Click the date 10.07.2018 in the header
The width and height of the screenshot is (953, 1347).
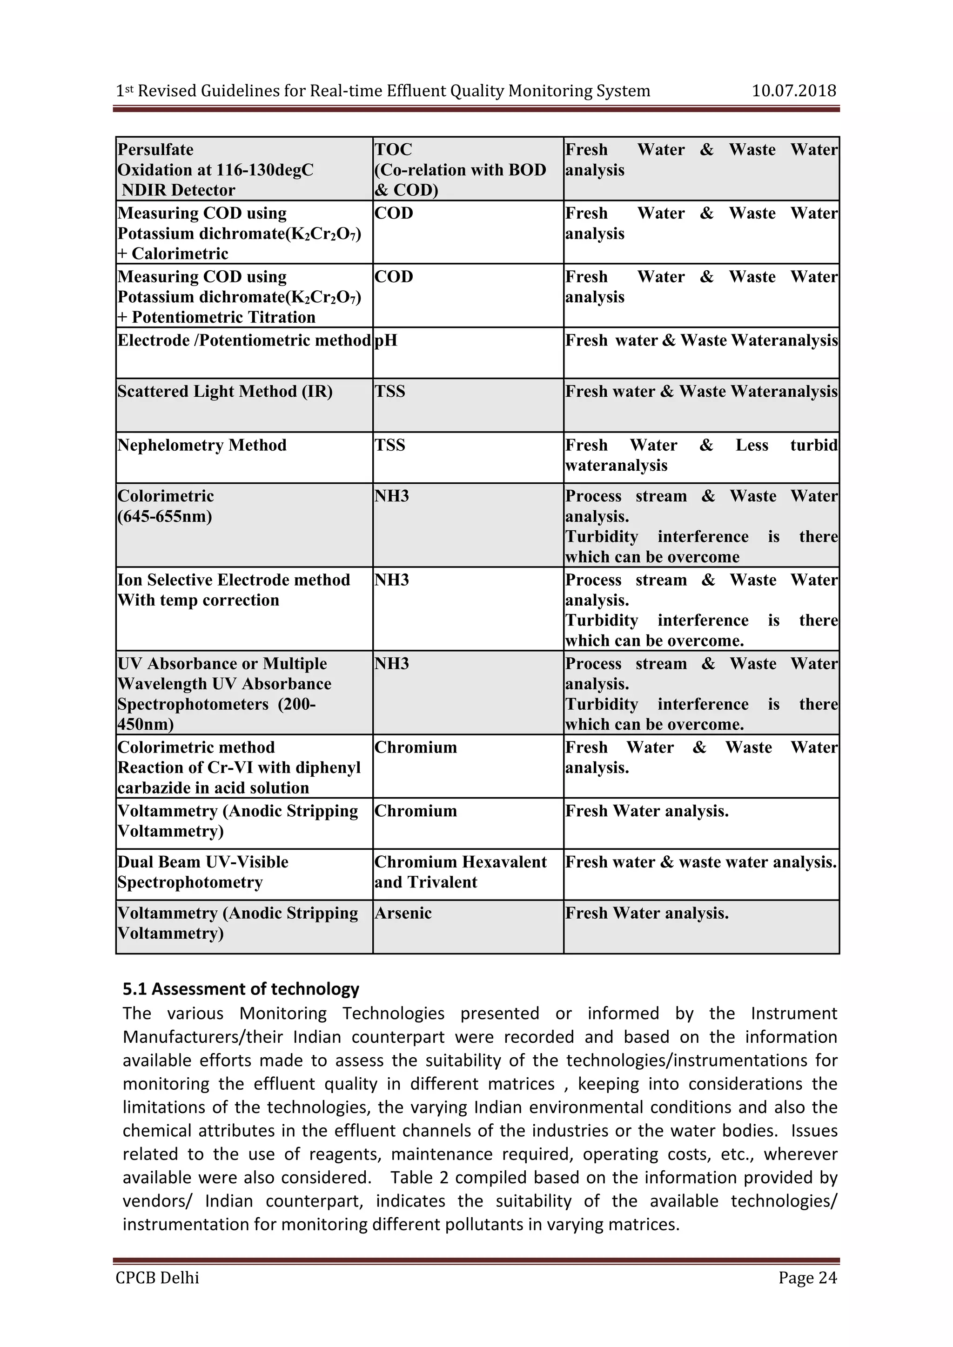793,91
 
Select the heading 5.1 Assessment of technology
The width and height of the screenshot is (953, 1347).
241,989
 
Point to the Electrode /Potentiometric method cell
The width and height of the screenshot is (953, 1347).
244,341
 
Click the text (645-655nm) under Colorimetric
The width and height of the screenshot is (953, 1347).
165,517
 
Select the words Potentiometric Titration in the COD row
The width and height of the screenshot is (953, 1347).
223,317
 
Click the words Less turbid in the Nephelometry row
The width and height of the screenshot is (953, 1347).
786,445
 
